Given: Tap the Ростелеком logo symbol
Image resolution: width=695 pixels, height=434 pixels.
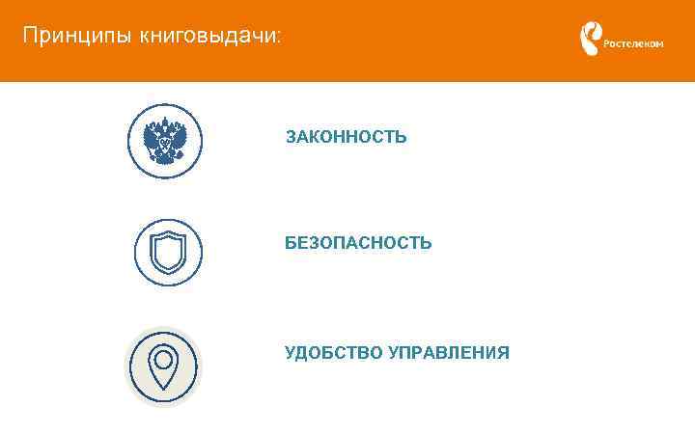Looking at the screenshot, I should point(588,40).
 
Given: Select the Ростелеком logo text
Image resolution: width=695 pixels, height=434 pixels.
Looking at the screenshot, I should point(633,43).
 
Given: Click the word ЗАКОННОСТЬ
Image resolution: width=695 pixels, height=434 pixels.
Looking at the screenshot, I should point(346,138).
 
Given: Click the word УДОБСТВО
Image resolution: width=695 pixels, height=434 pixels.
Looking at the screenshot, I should point(333,352).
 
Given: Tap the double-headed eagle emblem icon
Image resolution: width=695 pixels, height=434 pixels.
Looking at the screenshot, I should point(165,142).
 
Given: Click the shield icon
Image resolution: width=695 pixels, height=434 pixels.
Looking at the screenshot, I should point(168,253).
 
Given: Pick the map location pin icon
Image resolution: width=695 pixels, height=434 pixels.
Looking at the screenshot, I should point(164,366).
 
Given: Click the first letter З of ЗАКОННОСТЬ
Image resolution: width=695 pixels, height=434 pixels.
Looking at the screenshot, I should point(291,138).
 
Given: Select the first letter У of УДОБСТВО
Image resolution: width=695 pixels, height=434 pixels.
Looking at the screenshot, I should point(291,352).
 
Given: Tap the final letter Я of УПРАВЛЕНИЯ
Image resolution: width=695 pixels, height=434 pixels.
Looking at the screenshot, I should point(503,352).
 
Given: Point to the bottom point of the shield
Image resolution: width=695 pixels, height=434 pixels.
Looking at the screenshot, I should point(168,273).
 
